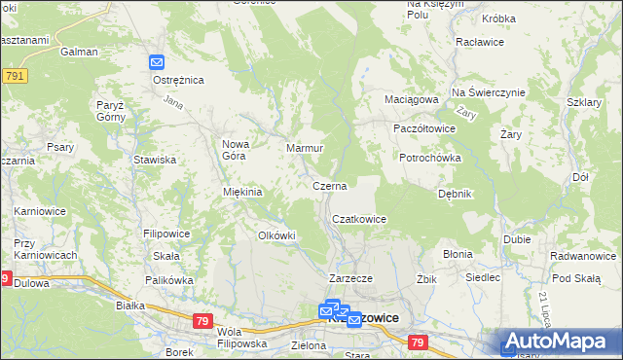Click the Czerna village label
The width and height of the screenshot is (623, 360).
tap(329, 185)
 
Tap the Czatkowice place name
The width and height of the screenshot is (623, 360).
tap(360, 220)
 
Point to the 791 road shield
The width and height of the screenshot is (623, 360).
tap(14, 75)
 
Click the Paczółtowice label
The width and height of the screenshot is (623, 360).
tap(423, 128)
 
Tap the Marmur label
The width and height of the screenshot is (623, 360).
tap(305, 149)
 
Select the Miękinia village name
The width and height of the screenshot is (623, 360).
tap(243, 192)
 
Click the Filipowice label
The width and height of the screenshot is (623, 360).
tap(165, 234)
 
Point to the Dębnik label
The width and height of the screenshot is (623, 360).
tap(455, 194)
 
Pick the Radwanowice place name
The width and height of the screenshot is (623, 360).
tap(582, 256)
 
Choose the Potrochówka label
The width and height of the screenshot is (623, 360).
tap(429, 158)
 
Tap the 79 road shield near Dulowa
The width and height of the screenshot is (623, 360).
tap(5, 279)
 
